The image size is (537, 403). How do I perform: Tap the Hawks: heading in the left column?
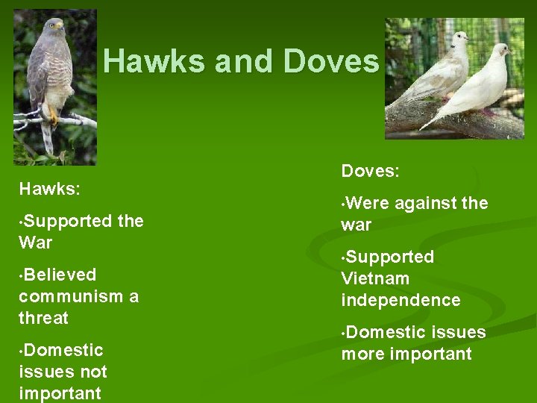click(49, 189)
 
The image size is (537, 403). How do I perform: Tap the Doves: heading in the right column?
click(371, 171)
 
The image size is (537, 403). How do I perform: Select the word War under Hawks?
click(36, 243)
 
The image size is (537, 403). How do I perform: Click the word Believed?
click(60, 275)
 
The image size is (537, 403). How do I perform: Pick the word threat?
click(43, 318)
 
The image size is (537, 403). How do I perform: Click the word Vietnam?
click(375, 278)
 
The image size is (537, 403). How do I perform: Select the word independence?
click(401, 300)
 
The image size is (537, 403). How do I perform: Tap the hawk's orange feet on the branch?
click(52, 116)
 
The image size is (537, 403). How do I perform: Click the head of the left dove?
click(459, 38)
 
